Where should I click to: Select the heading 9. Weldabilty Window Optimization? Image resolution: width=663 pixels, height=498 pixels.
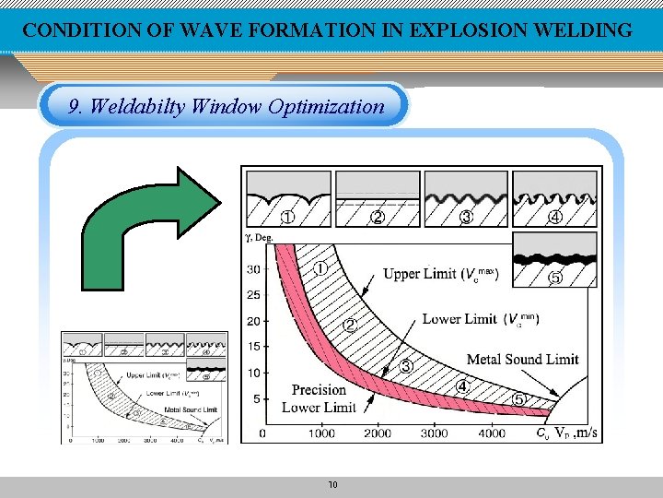tap(227, 106)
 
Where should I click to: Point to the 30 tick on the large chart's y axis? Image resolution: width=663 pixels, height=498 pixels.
tap(253, 269)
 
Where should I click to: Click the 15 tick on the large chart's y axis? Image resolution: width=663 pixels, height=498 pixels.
tap(253, 347)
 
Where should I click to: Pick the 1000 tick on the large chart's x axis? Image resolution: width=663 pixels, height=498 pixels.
tap(321, 433)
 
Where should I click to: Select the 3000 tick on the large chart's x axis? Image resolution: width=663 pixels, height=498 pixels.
tap(435, 433)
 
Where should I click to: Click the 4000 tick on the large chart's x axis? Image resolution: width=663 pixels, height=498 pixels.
tap(491, 433)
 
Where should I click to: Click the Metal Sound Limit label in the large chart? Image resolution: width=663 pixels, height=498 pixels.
tap(523, 360)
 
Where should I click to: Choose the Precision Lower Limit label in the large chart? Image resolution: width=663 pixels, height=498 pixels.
tap(319, 398)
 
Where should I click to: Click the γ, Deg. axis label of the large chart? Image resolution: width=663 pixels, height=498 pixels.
tap(259, 236)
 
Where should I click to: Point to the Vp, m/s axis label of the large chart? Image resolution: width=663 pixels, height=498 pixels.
tap(576, 433)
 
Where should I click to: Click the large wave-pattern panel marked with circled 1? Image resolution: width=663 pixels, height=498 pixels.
tap(287, 198)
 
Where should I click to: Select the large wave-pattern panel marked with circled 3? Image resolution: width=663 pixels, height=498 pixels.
tap(465, 198)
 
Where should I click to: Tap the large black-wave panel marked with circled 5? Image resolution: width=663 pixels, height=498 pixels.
tap(554, 259)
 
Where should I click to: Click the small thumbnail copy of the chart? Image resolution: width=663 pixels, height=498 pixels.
tap(144, 387)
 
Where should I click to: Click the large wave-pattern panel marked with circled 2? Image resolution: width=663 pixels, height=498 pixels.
tap(377, 198)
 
